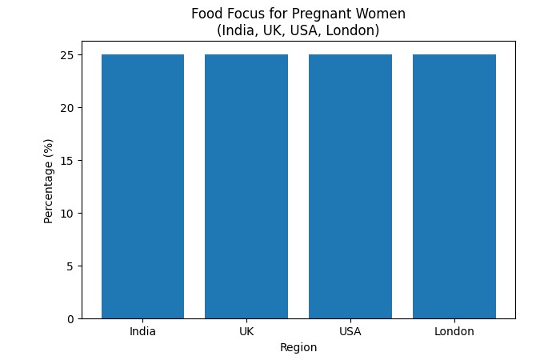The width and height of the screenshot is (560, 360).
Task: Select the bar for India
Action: tap(142, 186)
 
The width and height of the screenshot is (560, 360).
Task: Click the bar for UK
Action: tap(246, 186)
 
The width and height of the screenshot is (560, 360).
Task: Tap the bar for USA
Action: tap(350, 186)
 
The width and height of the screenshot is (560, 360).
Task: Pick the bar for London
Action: tap(454, 186)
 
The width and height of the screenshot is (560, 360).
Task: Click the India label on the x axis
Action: tap(142, 331)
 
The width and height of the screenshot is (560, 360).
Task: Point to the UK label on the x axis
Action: tap(246, 331)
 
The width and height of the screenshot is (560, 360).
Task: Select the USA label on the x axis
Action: tap(350, 331)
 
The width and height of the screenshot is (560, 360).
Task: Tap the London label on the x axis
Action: tap(454, 331)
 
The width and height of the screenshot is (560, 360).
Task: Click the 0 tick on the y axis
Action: tap(70, 318)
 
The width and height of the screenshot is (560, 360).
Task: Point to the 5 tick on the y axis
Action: tap(70, 266)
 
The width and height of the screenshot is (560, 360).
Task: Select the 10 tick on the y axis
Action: tap(68, 213)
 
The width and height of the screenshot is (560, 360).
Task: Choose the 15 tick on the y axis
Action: tap(68, 161)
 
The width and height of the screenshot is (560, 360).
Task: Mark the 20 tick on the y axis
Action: tap(68, 108)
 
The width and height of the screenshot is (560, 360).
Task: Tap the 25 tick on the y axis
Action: tap(68, 55)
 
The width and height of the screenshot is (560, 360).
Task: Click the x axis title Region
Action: tap(298, 347)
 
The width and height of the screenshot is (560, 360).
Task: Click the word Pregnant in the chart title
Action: tap(324, 14)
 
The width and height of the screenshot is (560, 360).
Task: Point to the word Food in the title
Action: tap(206, 14)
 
